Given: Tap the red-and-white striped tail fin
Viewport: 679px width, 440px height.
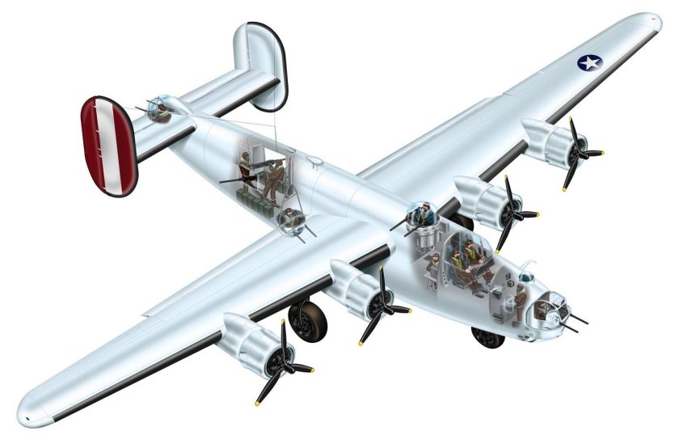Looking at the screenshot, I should pos(108,146).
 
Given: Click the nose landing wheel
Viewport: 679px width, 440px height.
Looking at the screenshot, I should pos(488,336).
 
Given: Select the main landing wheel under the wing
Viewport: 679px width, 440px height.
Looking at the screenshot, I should pos(309,319).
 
